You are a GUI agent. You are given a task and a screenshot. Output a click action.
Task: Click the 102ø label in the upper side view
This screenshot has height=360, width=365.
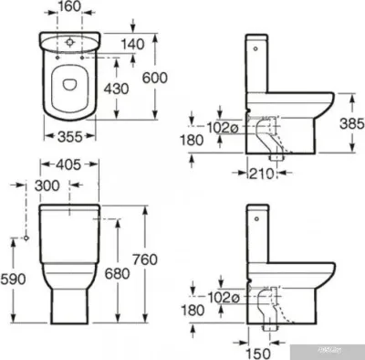coord(220,126)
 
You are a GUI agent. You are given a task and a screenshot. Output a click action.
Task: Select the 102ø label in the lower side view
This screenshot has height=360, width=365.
coord(220,298)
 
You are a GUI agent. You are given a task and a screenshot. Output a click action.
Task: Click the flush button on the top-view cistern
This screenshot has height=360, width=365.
coord(70,41)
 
